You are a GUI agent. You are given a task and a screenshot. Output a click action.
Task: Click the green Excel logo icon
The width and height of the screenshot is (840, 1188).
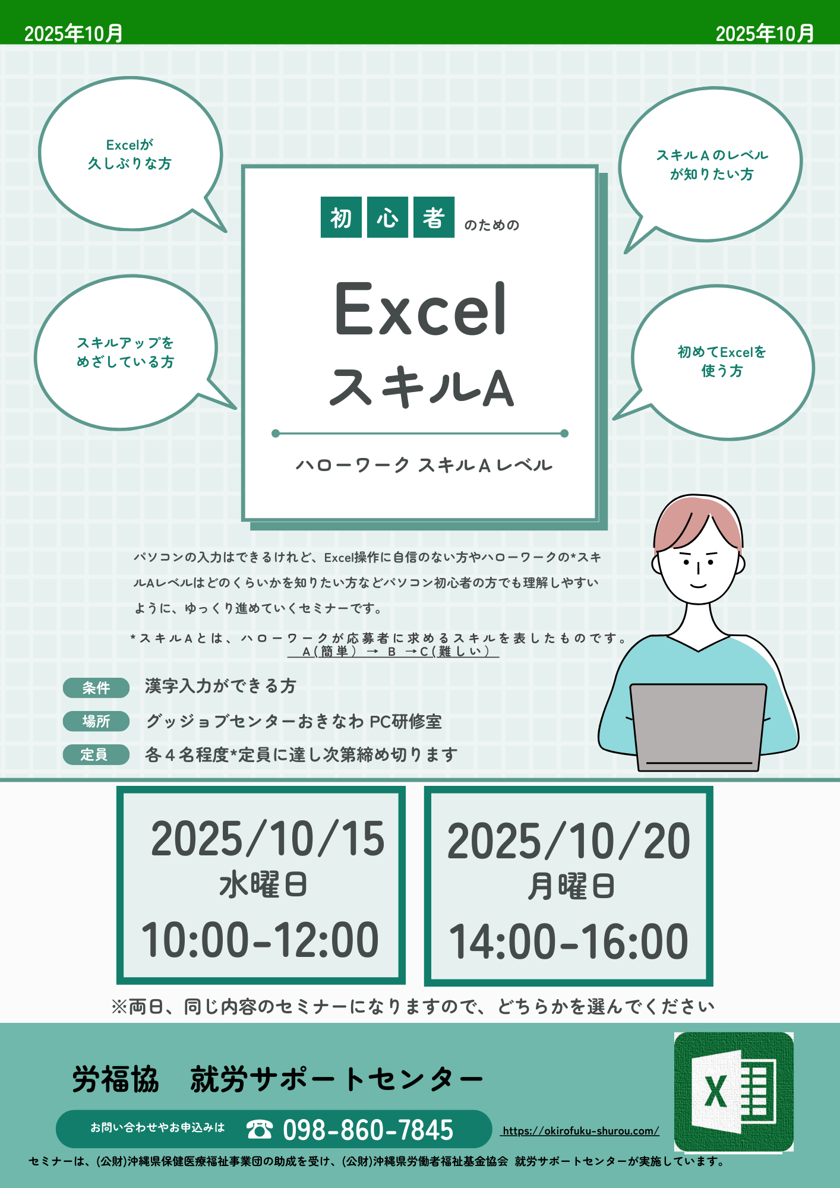coord(734,1092)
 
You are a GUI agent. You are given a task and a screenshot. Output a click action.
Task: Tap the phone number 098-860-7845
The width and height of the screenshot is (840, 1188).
coord(368,1130)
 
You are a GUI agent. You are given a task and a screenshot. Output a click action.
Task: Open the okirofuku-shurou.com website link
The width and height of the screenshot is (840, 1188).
coord(580,1131)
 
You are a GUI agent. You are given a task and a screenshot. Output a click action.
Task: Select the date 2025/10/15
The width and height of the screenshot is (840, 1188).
coord(268,839)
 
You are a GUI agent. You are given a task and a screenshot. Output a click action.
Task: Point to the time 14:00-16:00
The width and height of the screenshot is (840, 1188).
coord(569,941)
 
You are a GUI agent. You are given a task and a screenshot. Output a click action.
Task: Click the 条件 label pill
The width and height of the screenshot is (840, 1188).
coord(96,688)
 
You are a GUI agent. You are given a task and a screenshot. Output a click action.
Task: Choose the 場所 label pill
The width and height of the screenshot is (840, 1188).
coord(96,721)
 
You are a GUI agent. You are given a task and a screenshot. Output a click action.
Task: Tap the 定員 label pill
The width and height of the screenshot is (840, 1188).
coord(96,754)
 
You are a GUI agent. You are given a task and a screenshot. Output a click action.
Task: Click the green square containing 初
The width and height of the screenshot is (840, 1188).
coord(341,217)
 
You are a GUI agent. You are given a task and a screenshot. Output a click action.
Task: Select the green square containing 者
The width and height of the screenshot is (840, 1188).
coord(434,217)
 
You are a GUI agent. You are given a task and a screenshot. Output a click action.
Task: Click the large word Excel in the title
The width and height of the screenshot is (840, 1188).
coord(421,309)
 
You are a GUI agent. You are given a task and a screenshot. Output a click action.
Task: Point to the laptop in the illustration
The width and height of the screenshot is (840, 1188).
coord(699,728)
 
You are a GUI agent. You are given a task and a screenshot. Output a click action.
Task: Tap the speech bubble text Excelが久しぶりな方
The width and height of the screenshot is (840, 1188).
coord(130,154)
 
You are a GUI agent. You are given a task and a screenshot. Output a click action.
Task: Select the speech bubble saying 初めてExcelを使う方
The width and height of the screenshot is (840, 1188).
coord(722,361)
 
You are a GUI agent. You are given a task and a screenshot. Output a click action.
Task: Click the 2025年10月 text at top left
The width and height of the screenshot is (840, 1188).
coord(74,33)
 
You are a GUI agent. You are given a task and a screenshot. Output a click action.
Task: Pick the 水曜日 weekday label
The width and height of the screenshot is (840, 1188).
coord(263,884)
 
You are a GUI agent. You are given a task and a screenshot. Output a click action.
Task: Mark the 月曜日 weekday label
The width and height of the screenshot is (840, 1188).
coord(570,886)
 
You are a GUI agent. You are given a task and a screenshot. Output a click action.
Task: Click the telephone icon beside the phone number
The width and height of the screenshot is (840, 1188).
coord(260,1129)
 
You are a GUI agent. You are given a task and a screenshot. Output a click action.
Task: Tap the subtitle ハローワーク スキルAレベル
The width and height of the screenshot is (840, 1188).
coord(424,465)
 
